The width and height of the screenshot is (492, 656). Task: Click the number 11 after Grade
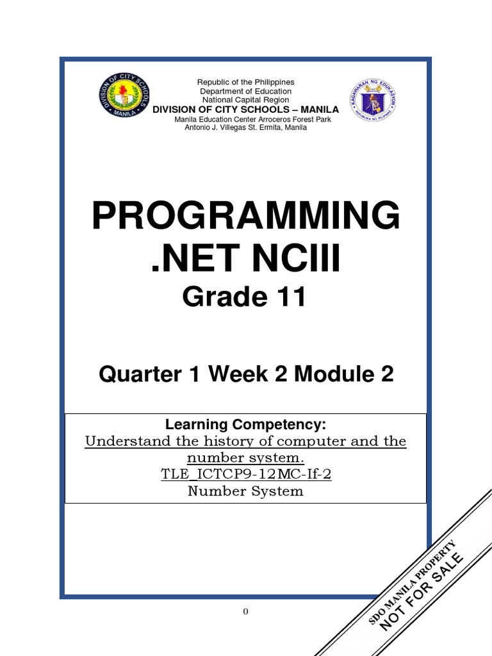coord(286,298)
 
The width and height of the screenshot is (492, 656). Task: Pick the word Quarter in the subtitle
coord(133,375)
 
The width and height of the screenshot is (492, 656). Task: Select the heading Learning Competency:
coord(246,425)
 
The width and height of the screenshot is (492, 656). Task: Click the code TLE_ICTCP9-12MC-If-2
coord(246,475)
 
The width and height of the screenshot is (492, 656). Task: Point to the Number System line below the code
coord(246,491)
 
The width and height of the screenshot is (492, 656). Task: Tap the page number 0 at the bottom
coord(245,611)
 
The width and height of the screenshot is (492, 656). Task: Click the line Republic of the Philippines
coord(246,82)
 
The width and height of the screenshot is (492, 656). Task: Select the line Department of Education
coord(246,91)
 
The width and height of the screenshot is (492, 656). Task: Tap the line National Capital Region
coord(246,100)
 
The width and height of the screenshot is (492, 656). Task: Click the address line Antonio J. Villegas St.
coord(246,127)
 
